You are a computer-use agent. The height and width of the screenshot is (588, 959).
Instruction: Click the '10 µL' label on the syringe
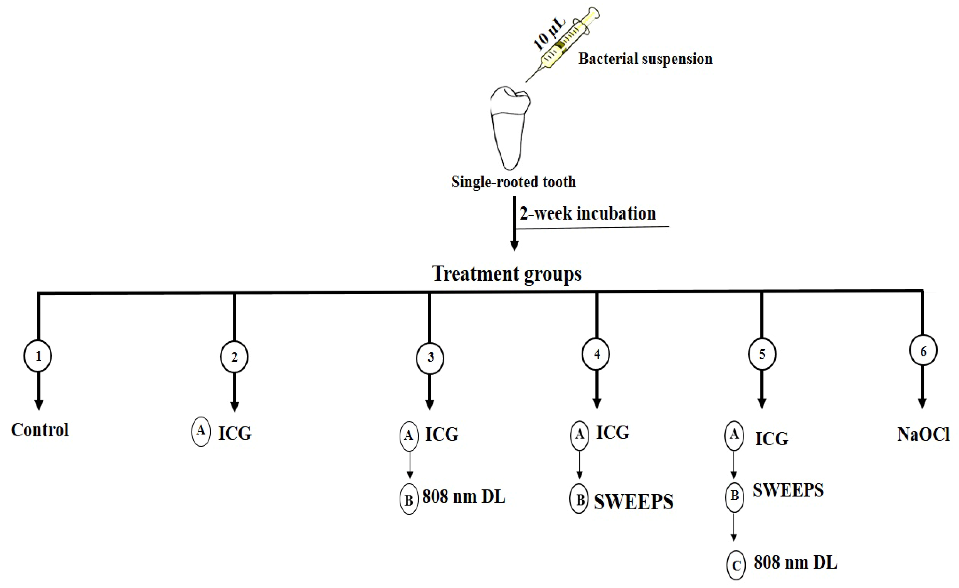click(549, 35)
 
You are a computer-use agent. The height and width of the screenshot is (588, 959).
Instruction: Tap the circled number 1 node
click(38, 356)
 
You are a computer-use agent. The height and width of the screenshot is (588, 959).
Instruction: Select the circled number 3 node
click(430, 357)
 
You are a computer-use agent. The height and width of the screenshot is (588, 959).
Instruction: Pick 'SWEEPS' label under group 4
click(634, 502)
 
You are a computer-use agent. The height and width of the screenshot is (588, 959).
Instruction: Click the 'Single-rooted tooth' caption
click(513, 182)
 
